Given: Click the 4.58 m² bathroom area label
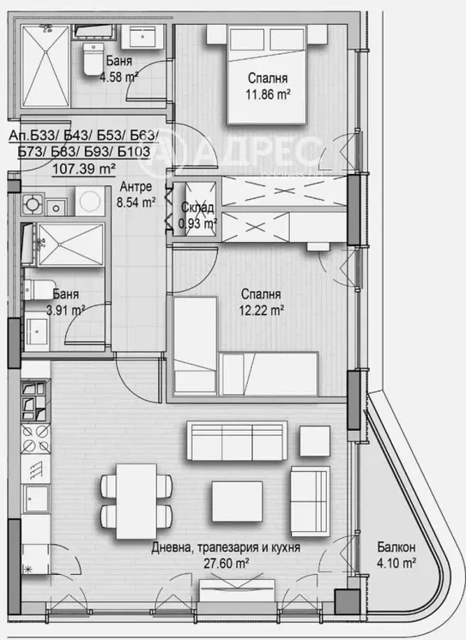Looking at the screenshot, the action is (x=118, y=76).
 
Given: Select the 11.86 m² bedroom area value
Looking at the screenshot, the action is (x=268, y=94).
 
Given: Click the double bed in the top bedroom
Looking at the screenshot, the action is (x=267, y=75).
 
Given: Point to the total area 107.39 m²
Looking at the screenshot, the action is (x=84, y=168).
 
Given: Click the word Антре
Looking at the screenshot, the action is (x=136, y=186).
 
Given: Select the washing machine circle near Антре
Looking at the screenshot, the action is (x=90, y=201).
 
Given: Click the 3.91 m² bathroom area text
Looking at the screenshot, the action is (x=65, y=311).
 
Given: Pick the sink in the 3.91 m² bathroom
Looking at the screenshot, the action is (x=37, y=334).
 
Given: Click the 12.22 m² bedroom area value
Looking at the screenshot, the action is (x=262, y=311).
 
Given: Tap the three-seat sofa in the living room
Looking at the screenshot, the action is (x=237, y=441).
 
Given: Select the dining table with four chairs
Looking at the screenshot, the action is (x=136, y=501).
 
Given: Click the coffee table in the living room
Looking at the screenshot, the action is (x=237, y=501).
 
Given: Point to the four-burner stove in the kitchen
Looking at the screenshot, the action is (x=36, y=438).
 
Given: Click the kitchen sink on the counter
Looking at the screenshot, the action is (x=36, y=498).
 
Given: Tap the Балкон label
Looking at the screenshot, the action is (x=396, y=547).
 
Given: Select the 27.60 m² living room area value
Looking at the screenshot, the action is (x=227, y=564).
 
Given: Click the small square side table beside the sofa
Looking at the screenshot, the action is (x=315, y=441).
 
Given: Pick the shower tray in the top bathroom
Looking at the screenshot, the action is (x=45, y=66).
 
